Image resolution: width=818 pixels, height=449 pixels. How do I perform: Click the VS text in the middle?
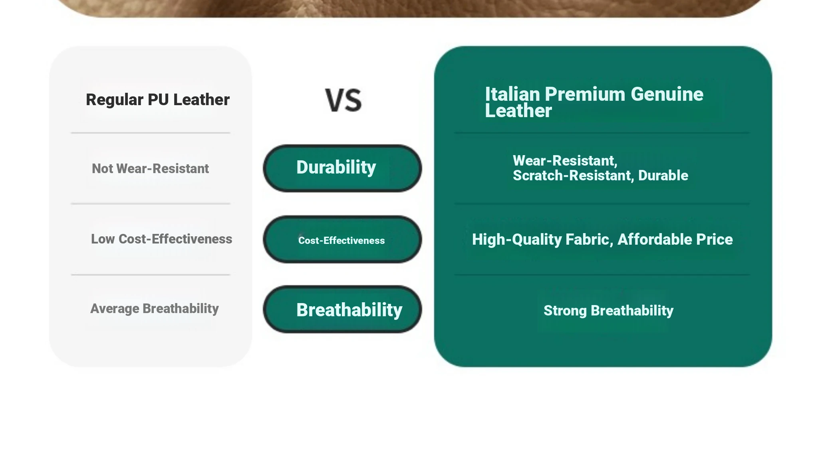(343, 100)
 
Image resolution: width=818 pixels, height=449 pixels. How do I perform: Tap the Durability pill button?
(342, 168)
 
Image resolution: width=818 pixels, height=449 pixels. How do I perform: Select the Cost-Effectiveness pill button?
(342, 239)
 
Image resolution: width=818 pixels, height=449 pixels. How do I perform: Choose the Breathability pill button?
(342, 309)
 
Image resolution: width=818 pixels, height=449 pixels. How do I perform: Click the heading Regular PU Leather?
(158, 100)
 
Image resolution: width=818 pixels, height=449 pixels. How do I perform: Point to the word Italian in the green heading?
(512, 94)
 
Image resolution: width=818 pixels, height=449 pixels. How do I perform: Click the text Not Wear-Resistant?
(150, 169)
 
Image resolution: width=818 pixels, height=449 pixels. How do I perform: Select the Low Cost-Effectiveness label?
(161, 239)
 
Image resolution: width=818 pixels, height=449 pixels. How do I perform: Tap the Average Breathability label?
(155, 309)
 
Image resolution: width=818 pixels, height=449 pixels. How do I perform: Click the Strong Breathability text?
(608, 311)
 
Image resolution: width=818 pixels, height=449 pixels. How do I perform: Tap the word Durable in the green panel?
(663, 176)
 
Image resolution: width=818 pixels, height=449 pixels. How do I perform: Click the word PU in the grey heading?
(158, 100)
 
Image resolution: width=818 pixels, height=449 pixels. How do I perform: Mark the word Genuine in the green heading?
(667, 94)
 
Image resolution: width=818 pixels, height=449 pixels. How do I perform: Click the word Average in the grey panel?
(115, 309)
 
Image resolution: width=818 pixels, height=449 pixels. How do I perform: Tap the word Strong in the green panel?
(565, 311)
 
